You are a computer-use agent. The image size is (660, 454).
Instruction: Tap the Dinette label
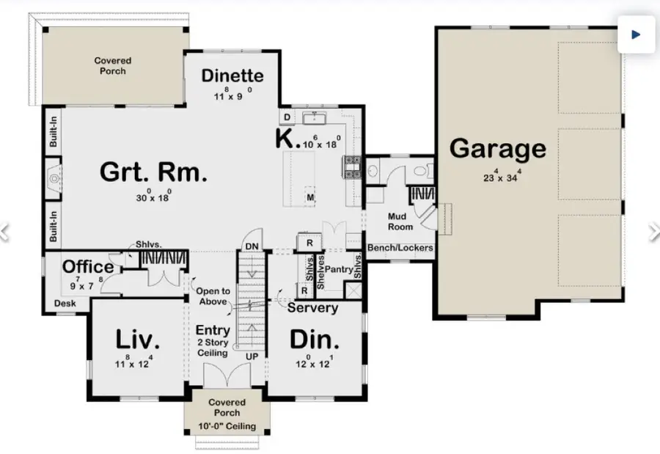click(232, 76)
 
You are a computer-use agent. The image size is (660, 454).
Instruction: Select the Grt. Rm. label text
click(153, 173)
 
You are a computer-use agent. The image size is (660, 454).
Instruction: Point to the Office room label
click(88, 267)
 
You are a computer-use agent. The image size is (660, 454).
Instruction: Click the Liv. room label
click(137, 340)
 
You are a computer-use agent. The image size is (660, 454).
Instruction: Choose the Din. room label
click(314, 340)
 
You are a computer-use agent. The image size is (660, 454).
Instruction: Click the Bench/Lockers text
click(400, 248)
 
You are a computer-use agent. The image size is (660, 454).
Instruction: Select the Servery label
click(312, 308)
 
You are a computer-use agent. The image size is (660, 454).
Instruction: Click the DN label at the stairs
click(251, 246)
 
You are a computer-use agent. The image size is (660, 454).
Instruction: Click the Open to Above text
click(213, 296)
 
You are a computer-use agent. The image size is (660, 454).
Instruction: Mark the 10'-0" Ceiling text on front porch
click(227, 426)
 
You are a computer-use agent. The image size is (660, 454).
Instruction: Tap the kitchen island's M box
click(310, 198)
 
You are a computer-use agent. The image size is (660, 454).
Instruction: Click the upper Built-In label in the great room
click(54, 135)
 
